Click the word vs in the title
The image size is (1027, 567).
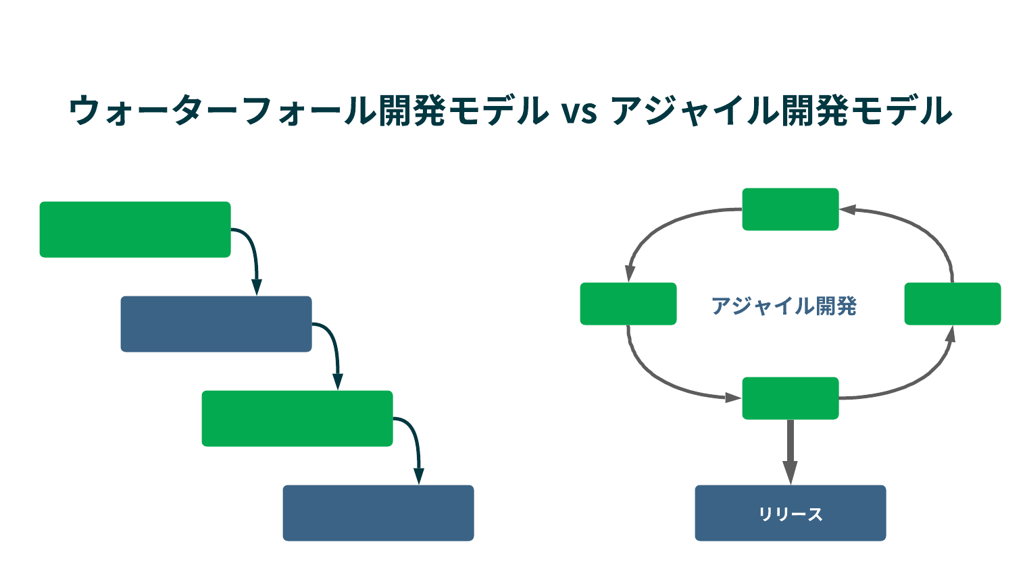[579, 112]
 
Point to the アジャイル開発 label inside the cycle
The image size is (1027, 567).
[784, 306]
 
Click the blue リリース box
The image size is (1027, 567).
[790, 513]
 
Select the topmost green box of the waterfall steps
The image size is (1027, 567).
[135, 230]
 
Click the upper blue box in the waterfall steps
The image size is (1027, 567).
[216, 324]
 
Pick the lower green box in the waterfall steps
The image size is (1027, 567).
[297, 418]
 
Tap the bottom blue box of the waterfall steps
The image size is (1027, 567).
[378, 513]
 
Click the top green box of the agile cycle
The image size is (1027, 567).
[790, 209]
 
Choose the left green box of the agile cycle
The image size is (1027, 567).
[628, 304]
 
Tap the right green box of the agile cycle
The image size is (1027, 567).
[952, 304]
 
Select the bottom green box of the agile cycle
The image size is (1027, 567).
[790, 398]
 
